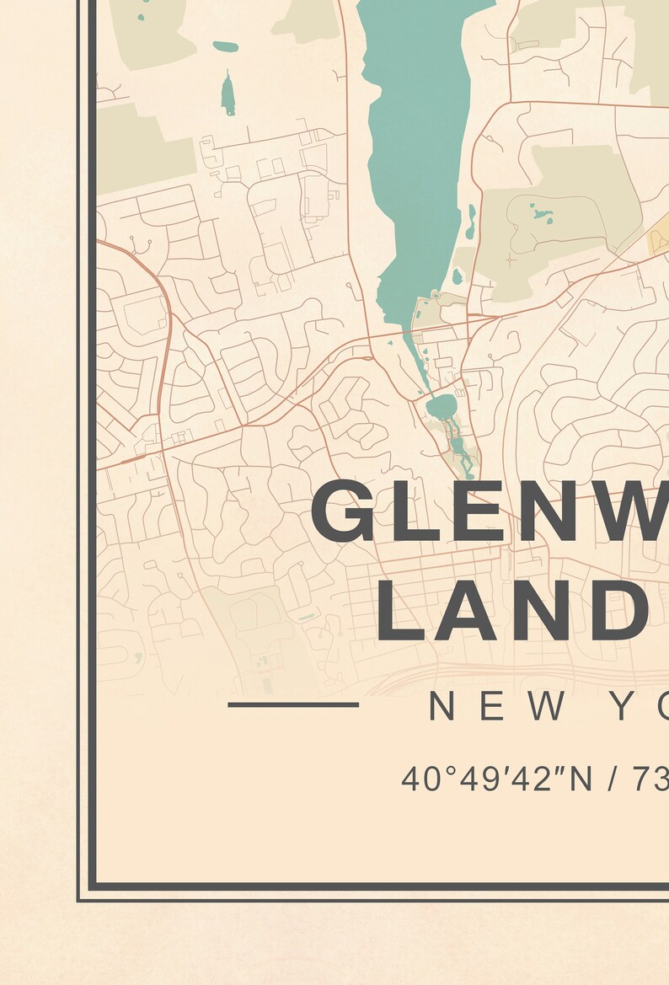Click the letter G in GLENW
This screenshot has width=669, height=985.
[342, 511]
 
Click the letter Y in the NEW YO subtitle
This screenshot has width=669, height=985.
[628, 707]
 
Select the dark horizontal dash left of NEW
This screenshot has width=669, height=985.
[293, 704]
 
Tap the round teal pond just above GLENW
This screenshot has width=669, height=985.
[440, 409]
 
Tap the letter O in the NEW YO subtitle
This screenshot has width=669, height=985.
[661, 707]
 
